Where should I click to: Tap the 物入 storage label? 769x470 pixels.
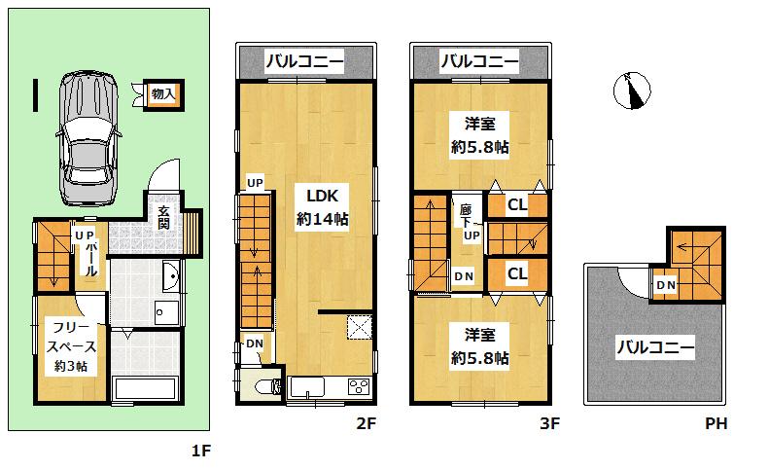162,94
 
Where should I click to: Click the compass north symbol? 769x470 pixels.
632,91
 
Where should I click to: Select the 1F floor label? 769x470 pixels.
200,451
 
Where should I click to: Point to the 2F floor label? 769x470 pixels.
365,424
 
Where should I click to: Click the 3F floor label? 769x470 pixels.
549,424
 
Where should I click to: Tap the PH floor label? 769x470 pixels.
717,424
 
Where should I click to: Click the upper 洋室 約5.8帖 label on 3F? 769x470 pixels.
479,134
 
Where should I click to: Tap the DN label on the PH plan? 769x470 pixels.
666,284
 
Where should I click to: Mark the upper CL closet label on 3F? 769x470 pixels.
516,204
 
